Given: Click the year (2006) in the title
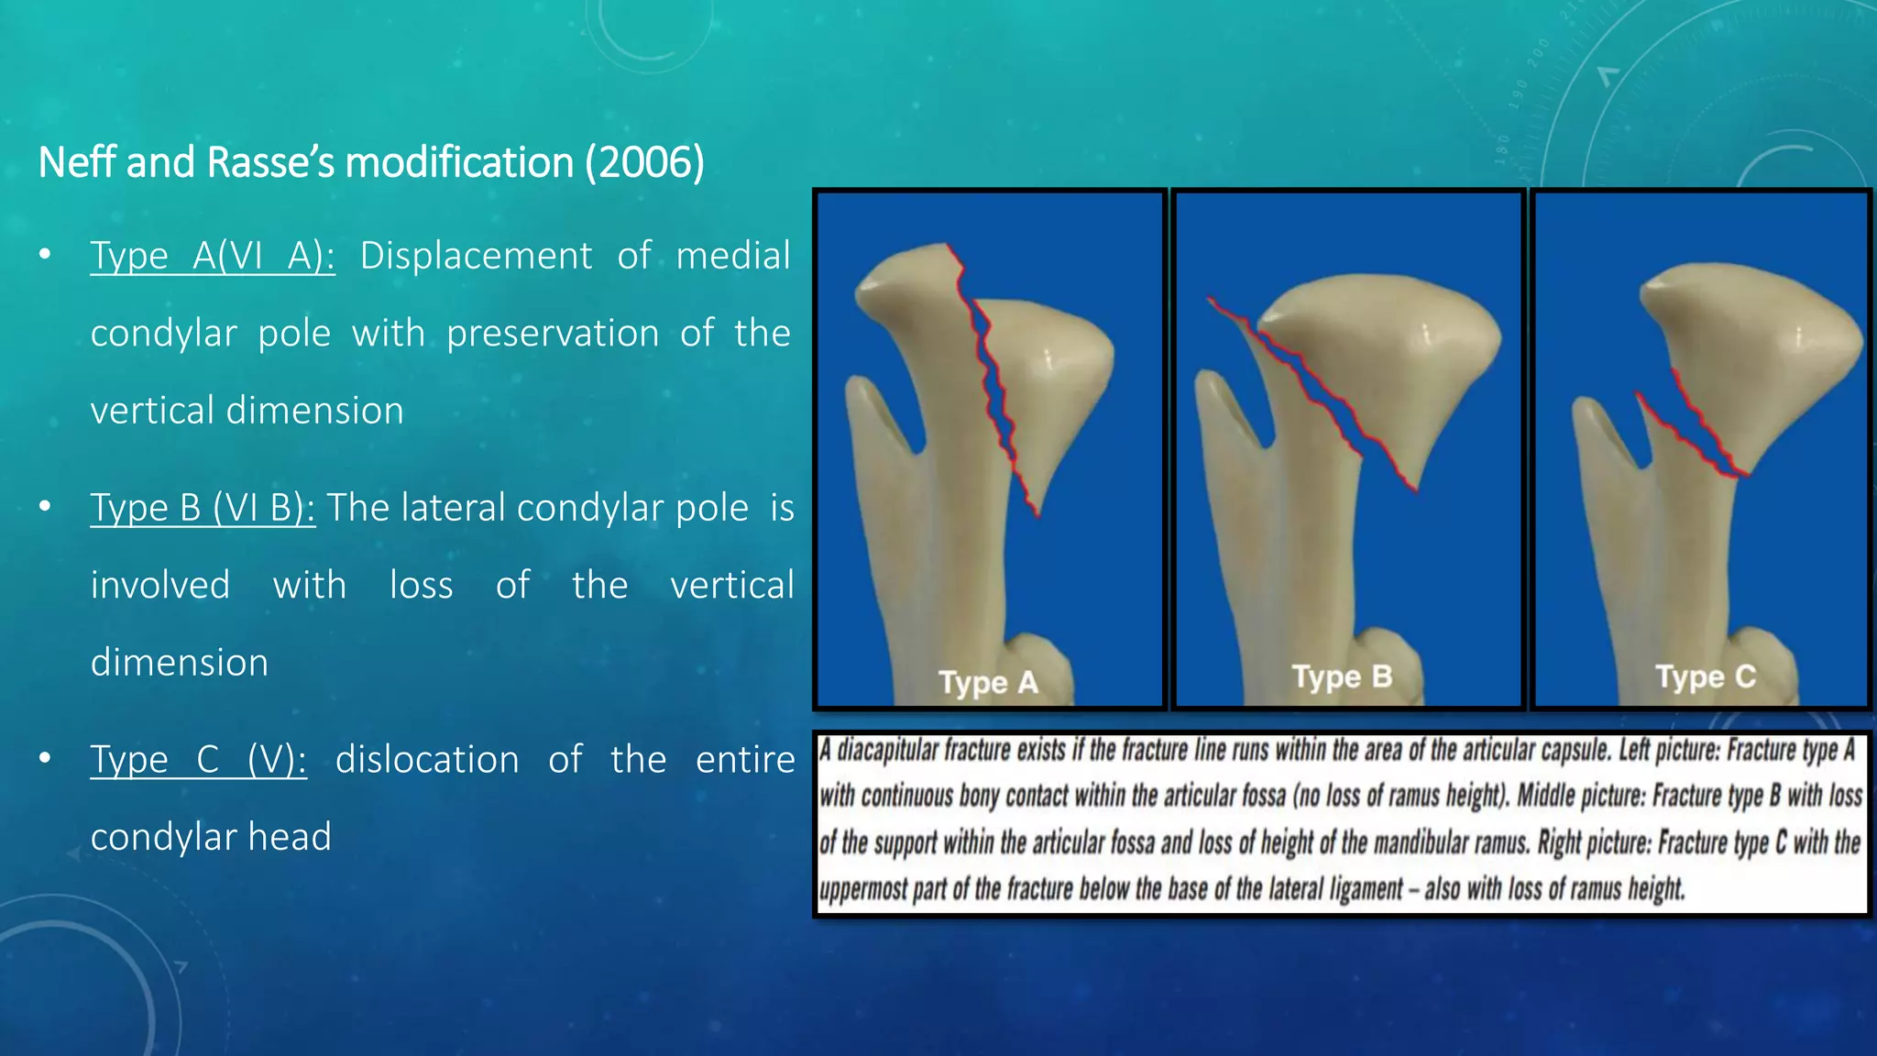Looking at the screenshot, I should pyautogui.click(x=645, y=163).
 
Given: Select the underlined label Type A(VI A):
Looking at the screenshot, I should pyautogui.click(x=212, y=256).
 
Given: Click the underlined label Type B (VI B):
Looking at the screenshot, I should pyautogui.click(x=203, y=508).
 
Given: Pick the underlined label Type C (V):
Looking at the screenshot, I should pyautogui.click(x=198, y=760).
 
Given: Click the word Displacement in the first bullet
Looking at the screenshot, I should pyautogui.click(x=476, y=256).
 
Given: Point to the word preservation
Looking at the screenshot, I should pyautogui.click(x=553, y=333).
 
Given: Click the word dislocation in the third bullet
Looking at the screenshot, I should pyautogui.click(x=427, y=760).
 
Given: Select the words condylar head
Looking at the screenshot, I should pyautogui.click(x=211, y=837).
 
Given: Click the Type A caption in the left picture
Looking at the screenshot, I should pyautogui.click(x=988, y=683).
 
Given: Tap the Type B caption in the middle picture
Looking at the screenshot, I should pyautogui.click(x=1342, y=677).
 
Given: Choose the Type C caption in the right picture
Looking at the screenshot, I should pyautogui.click(x=1705, y=677).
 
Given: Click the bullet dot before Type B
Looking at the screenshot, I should pyautogui.click(x=45, y=507).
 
